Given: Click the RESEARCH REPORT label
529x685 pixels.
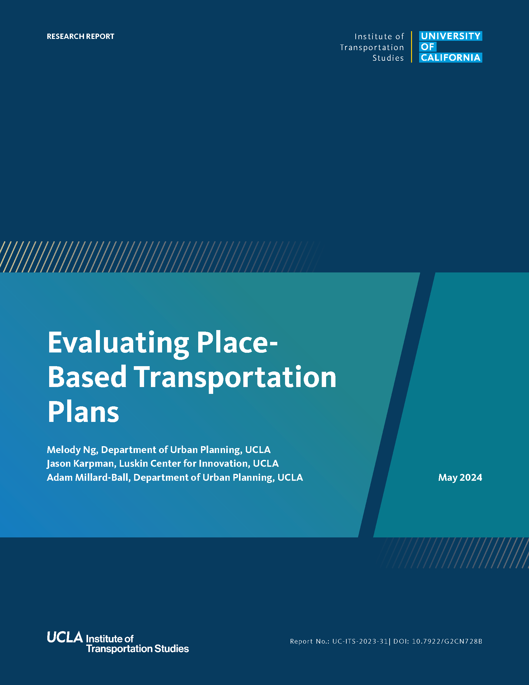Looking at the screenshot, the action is click(x=81, y=36).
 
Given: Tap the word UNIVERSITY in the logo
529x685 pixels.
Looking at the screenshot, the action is click(x=451, y=36).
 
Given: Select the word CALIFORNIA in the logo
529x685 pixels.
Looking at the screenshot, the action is click(x=451, y=58).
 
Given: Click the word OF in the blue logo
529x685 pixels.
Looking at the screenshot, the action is click(x=428, y=47).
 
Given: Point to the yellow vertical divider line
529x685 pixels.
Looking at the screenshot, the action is click(x=411, y=47).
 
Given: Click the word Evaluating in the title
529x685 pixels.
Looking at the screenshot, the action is click(x=118, y=343).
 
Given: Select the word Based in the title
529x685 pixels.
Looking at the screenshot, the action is click(x=87, y=377).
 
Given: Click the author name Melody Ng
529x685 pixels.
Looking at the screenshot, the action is click(x=73, y=450).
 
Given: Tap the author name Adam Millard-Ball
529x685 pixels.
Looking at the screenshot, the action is click(x=89, y=477).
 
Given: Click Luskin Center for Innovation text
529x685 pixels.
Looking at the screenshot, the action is click(x=184, y=463).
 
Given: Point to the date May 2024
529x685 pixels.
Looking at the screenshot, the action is click(x=460, y=477).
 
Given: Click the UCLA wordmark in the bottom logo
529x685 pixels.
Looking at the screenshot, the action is click(x=65, y=637).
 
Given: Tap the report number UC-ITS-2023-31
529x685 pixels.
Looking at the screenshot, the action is click(x=360, y=641).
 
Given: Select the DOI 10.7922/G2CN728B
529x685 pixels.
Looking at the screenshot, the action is click(x=447, y=641).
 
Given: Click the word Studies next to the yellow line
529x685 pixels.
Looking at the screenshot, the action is click(x=388, y=58).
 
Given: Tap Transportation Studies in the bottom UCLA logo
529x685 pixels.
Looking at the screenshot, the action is click(x=138, y=648).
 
